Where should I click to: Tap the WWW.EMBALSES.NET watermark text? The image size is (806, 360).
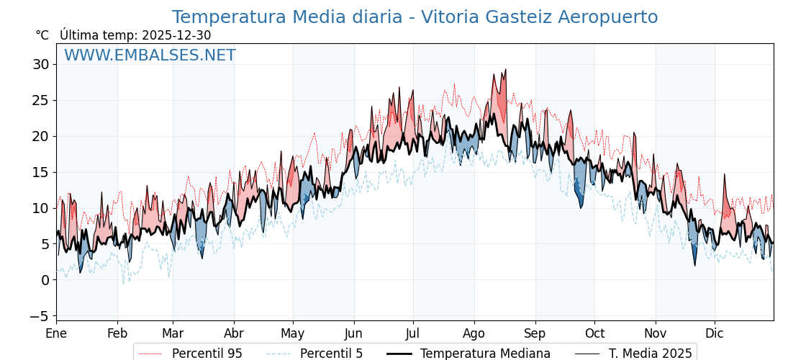click(150, 55)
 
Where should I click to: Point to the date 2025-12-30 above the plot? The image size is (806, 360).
click(176, 35)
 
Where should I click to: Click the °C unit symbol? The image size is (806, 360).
click(42, 35)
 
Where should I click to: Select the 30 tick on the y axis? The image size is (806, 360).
click(40, 65)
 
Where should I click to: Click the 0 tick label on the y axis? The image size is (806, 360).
click(45, 280)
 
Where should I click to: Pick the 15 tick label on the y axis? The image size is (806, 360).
click(40, 172)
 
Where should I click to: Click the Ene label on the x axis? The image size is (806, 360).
click(56, 333)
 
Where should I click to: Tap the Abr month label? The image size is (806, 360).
click(233, 333)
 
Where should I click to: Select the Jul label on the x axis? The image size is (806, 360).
click(413, 333)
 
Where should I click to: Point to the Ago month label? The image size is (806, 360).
click(474, 333)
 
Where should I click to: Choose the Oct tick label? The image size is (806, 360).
click(594, 333)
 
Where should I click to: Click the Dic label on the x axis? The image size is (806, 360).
click(715, 333)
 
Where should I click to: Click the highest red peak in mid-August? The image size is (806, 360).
click(505, 70)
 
